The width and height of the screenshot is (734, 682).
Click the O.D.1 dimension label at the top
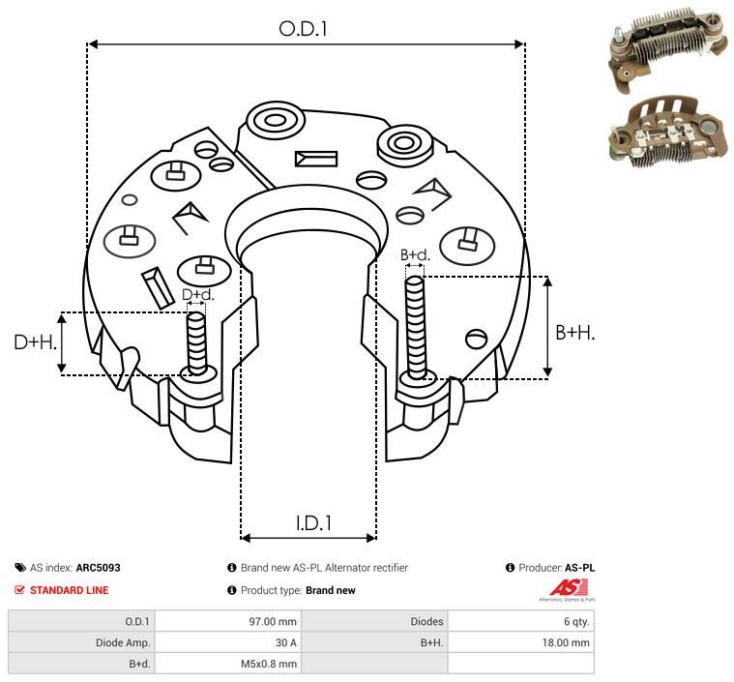(303, 29)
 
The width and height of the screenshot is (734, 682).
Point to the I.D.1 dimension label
(313, 522)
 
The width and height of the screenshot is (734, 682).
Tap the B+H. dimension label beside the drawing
(574, 333)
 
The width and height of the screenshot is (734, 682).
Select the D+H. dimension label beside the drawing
(36, 342)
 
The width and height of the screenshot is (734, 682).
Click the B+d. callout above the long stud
(415, 254)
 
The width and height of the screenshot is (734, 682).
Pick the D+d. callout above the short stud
(197, 295)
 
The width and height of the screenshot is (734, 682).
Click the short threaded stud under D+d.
(196, 342)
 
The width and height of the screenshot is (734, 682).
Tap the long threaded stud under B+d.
(415, 327)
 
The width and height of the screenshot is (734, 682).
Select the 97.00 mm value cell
(273, 622)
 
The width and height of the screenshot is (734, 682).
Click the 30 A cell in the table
(285, 642)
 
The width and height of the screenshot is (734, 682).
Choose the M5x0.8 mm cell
(269, 664)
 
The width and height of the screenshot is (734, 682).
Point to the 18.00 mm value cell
(566, 642)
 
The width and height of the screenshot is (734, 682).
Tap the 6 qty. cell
(576, 622)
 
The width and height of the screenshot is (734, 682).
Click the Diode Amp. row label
(123, 642)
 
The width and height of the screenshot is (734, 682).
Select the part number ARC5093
(98, 568)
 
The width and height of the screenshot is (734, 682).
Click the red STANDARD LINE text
(70, 590)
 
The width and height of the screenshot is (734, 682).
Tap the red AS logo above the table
(568, 588)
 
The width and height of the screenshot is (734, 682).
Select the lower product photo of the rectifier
(669, 133)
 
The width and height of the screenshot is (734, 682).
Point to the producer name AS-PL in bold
(579, 568)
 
